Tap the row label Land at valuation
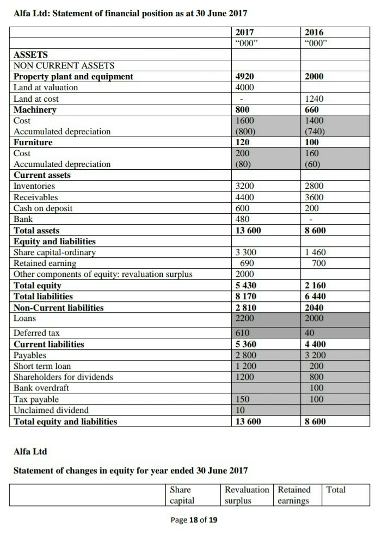pos(46,88)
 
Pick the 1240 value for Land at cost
pos(314,99)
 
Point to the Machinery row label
pos(35,110)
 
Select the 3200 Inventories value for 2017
pos(244,186)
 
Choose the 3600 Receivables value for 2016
pos(314,197)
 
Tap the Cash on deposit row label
pos(43,208)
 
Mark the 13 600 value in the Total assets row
pos(248,231)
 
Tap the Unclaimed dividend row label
pos(51,410)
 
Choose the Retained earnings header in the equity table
pos(294,494)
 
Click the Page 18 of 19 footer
pos(194,520)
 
